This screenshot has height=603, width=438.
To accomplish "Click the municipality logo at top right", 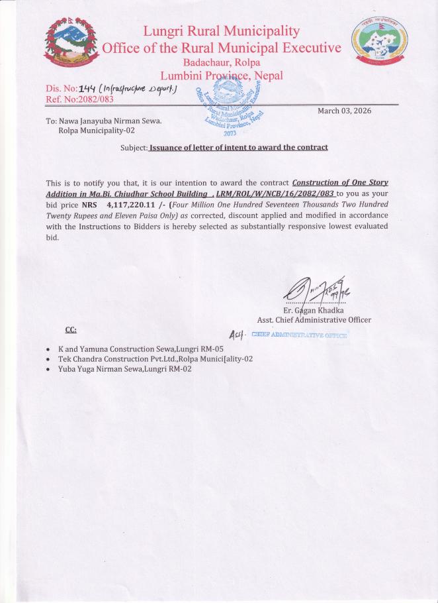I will coord(380,40).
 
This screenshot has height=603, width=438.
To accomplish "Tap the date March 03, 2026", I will coord(344,111).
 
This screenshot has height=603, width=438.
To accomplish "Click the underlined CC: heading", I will coord(71,329).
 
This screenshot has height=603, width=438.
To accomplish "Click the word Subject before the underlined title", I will coord(134,147).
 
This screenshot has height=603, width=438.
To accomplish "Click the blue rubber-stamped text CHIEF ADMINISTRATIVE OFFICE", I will coord(299,335).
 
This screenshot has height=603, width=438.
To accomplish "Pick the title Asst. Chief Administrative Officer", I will coord(314,320).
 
